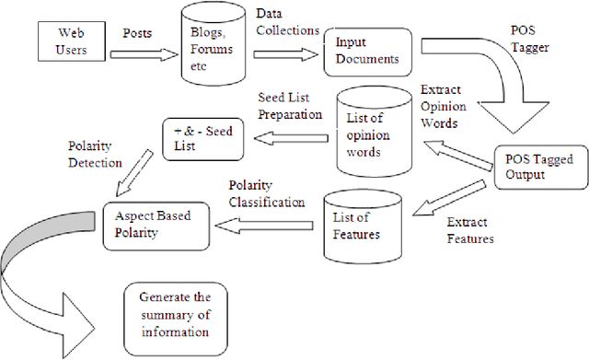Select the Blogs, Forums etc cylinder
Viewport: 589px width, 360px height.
213,45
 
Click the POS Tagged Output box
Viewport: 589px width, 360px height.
533,167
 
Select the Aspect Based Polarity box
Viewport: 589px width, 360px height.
155,222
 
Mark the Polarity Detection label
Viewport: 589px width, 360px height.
96,154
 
